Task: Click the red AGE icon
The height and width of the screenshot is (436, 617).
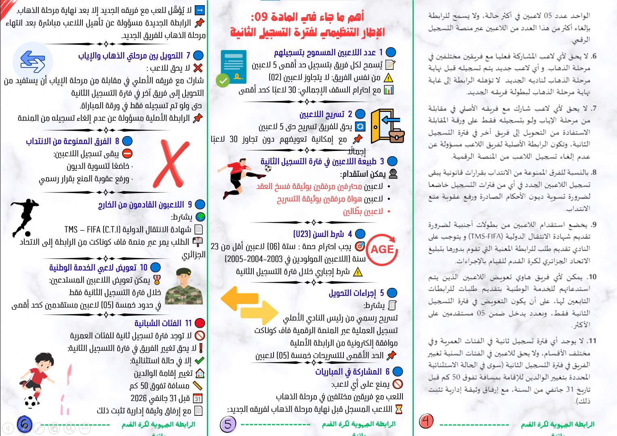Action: pos(382,249)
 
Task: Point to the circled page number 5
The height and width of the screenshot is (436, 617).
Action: pos(228,424)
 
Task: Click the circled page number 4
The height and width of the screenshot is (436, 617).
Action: pos(426,421)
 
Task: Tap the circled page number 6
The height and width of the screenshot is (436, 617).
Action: pos(24,424)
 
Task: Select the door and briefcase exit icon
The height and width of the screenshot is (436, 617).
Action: pos(387,126)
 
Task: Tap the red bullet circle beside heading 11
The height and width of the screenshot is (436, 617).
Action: pos(200,323)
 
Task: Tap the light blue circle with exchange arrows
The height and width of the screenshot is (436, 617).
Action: pos(33,62)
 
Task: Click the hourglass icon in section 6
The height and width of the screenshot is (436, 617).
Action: pos(399,409)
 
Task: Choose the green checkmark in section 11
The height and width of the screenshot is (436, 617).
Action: pos(199,361)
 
